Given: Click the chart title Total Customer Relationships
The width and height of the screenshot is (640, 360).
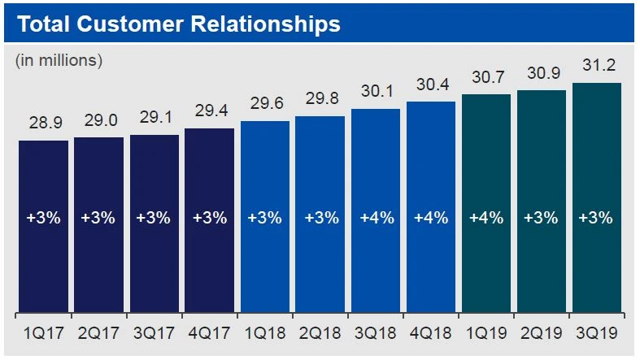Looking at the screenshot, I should coord(178,24).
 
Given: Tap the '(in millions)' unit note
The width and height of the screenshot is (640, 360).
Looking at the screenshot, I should coord(59,60).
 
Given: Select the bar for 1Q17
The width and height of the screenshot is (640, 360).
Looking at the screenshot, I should coord(43,227).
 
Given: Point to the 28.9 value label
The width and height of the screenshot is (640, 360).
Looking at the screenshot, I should coord(43,128).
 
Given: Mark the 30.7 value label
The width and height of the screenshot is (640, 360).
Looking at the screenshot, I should coord(485,80).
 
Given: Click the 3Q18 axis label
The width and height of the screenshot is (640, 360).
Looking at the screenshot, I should coord(375,333).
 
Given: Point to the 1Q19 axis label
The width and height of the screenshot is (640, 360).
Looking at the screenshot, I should coord(485,333).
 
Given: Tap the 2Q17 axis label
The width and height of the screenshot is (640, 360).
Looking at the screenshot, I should coord(98,333).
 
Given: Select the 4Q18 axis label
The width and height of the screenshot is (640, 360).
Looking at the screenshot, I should coord(430,333).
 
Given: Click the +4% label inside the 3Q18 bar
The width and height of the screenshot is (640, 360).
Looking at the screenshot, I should coord(375,218).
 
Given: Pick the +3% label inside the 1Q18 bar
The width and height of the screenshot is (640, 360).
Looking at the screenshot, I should coord(264,218).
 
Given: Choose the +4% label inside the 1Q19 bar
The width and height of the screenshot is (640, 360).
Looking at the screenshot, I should coord(485,218).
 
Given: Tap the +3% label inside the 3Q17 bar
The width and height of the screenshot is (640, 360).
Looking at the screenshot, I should coord(154,218).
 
